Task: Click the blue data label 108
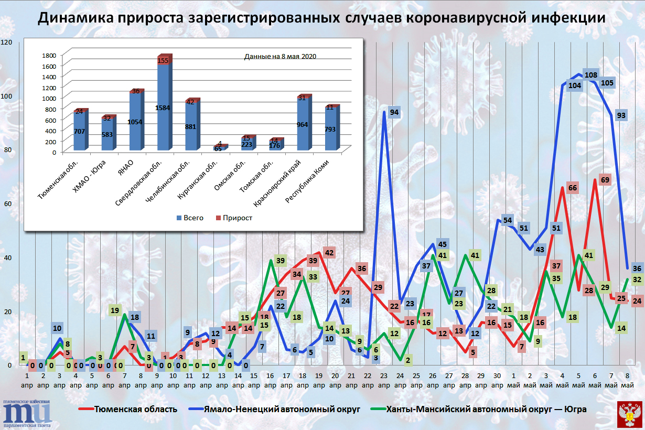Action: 591,75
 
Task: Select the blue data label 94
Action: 394,112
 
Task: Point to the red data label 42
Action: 329,253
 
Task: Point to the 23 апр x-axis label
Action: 384,381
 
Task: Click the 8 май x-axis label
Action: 628,381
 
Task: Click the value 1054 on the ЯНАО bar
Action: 136,122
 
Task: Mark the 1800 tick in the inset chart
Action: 49,55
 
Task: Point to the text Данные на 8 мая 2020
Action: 280,56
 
